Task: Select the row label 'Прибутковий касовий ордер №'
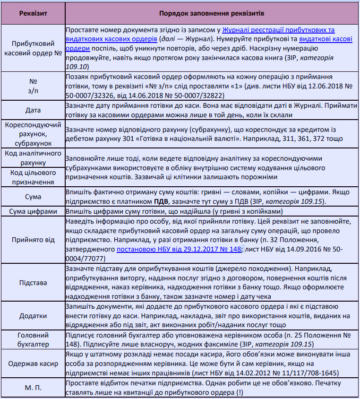coord(33,48)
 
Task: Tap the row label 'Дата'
coord(33,110)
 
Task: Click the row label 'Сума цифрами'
coord(33,212)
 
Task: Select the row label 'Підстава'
coord(33,283)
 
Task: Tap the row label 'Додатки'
coord(33,316)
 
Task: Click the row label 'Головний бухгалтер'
coord(33,339)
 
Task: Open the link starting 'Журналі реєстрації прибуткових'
coord(279,30)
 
